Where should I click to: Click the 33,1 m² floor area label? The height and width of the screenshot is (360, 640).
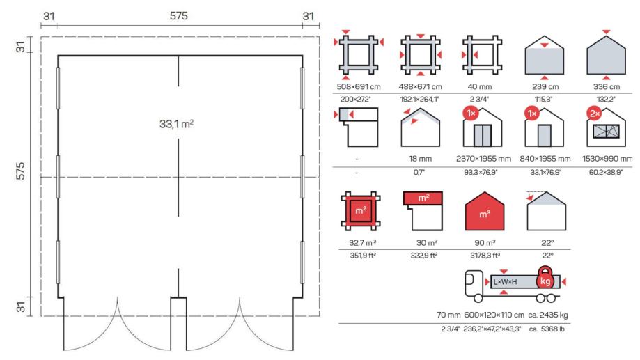tap(176, 123)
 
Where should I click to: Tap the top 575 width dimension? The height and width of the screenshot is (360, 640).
tap(179, 16)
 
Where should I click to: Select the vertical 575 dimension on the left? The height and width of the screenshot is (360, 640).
tap(20, 171)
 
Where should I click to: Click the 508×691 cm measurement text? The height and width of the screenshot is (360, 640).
tap(359, 86)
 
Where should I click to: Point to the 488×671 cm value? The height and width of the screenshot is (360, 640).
tap(420, 86)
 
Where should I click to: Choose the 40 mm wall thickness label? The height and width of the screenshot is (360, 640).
tap(480, 86)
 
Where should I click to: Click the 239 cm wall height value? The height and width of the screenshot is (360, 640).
tap(545, 86)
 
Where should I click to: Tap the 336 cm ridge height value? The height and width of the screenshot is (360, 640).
tap(606, 86)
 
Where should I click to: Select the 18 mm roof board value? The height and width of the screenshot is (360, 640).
tap(420, 158)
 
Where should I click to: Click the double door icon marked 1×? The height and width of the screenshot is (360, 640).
tap(482, 127)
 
